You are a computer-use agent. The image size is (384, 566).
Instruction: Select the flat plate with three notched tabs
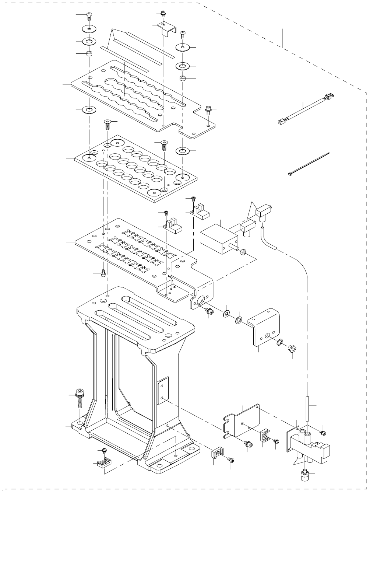coord(243,420)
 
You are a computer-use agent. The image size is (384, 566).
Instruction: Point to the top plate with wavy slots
coord(136,96)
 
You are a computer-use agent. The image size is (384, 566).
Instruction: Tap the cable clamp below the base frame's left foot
coord(104,462)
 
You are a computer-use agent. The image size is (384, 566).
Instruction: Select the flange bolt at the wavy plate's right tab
coord(208,109)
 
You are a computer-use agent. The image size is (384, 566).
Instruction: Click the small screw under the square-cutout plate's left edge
coord(103,273)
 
